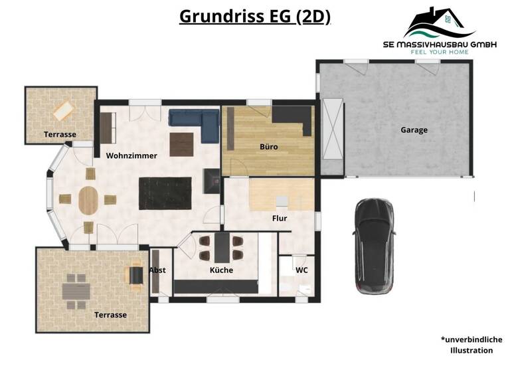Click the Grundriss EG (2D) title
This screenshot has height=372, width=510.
point(255,17)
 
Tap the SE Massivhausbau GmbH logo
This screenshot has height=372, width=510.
point(440,30)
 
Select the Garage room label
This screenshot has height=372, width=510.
point(414,130)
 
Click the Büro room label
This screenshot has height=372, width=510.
point(269,147)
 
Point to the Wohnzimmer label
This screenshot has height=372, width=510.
point(131,155)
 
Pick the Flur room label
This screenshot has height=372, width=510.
point(280,217)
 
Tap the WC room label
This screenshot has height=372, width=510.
point(301,270)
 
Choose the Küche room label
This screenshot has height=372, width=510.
point(221,271)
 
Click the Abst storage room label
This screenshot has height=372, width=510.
point(157,270)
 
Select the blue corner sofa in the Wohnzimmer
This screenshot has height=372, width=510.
point(193,120)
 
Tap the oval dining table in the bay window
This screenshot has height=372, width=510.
point(88,200)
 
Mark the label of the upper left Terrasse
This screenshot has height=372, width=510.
point(60,134)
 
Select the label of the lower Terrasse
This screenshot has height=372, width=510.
point(110,315)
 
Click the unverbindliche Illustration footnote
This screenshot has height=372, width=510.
point(471,344)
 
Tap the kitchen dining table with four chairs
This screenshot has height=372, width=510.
point(221,248)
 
